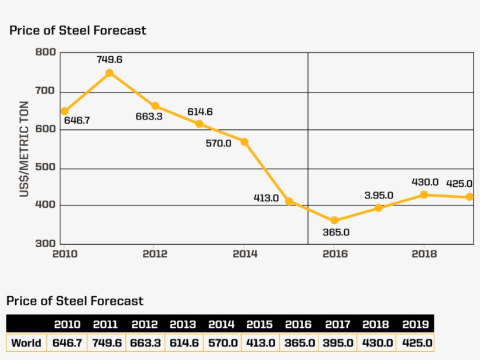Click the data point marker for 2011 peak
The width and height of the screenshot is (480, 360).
pyautogui.click(x=109, y=73)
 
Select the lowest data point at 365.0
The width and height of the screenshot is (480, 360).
pyautogui.click(x=334, y=221)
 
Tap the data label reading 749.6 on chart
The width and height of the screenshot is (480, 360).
pyautogui.click(x=109, y=59)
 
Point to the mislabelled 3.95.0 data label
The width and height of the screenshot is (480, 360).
pyautogui.click(x=379, y=196)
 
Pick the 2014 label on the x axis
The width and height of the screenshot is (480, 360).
pyautogui.click(x=245, y=254)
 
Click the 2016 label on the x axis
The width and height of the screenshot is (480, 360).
pyautogui.click(x=335, y=254)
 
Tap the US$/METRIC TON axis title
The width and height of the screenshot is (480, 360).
pyautogui.click(x=25, y=149)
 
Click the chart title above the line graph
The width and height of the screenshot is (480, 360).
pyautogui.click(x=78, y=30)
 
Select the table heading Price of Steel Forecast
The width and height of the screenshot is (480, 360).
pyautogui.click(x=75, y=301)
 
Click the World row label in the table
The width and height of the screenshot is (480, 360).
pyautogui.click(x=26, y=343)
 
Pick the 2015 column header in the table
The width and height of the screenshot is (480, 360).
pyautogui.click(x=259, y=324)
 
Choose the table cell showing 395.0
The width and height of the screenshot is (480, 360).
pyautogui.click(x=338, y=343)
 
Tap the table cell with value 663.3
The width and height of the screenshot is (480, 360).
pyautogui.click(x=145, y=343)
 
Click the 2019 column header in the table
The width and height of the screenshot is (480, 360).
pyautogui.click(x=415, y=324)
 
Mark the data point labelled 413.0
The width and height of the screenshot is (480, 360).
pyautogui.click(x=289, y=201)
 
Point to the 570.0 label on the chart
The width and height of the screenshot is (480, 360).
pyautogui.click(x=218, y=143)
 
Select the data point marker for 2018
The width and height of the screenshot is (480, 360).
pyautogui.click(x=424, y=194)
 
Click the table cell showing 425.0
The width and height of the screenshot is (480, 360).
pyautogui.click(x=415, y=343)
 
